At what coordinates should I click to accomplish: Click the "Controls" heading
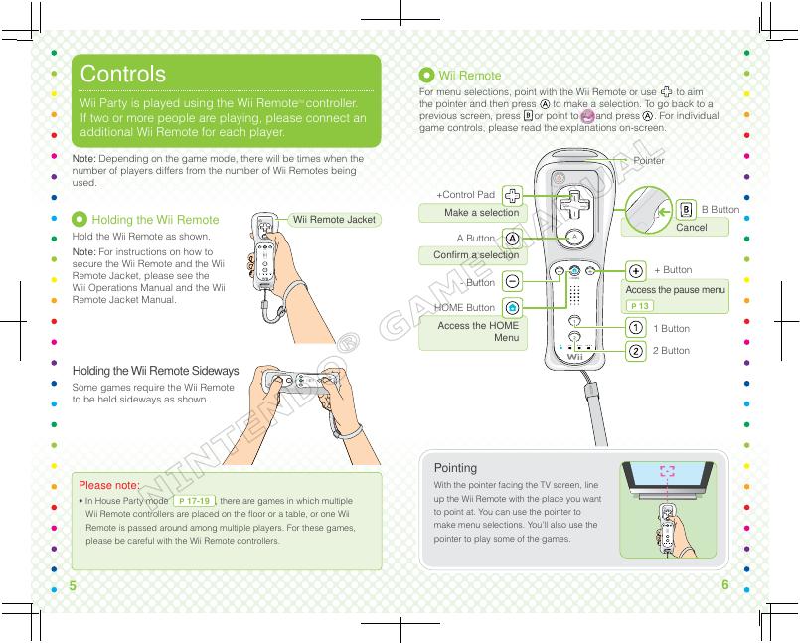pos(123,75)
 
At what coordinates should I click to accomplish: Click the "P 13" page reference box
pos(640,306)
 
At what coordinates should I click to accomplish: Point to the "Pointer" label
pos(649,160)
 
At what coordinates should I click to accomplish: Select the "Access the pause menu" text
pos(675,289)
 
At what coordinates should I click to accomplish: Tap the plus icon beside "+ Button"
pos(635,270)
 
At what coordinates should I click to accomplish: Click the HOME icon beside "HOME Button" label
pos(511,308)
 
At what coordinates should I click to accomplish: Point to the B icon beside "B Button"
pos(686,210)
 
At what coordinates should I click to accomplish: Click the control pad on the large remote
pos(574,205)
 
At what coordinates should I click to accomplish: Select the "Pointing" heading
pos(456,467)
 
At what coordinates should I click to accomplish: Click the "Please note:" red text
pos(109,485)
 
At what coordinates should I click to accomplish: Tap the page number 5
pos(73,586)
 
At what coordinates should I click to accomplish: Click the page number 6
pos(725,585)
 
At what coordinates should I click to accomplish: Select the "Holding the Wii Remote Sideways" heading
pos(156,371)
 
